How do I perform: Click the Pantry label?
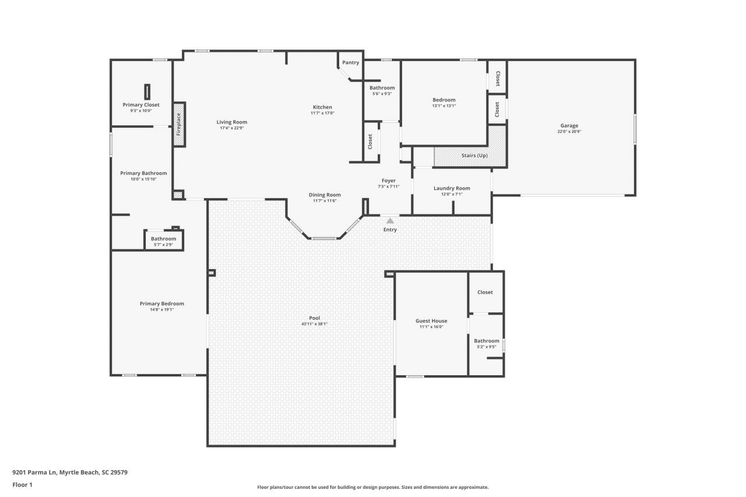coord(350,62)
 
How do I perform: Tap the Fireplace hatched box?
coord(179,125)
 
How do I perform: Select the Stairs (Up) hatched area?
coord(470,155)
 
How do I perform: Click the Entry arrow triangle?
coord(390,221)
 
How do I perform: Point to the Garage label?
coord(569,125)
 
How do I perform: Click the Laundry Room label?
coord(452,188)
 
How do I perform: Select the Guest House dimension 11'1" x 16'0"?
coord(431,327)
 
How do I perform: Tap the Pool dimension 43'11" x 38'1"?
coord(315,323)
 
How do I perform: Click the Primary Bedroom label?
coord(161,304)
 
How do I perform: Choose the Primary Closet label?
coord(140,105)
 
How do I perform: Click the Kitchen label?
coord(322,107)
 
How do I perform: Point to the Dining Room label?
coord(325,195)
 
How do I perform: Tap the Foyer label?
coord(388,181)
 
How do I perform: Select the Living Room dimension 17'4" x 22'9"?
coord(232,128)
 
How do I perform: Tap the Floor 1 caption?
coord(22,484)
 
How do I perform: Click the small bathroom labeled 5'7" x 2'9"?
coord(164,240)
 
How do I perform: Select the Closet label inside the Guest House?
coord(485,292)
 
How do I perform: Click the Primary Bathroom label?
coord(143,173)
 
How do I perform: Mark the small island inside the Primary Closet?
coord(147,91)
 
